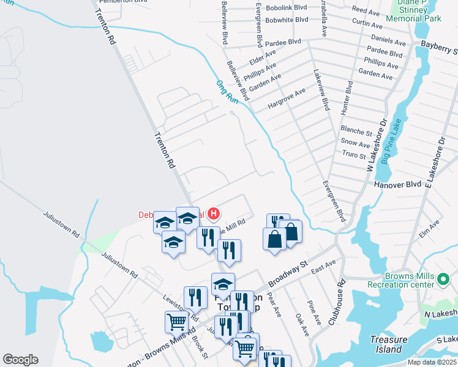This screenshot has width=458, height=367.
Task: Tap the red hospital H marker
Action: coord(214,214)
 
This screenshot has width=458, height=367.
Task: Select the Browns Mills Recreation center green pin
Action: coord(444,280)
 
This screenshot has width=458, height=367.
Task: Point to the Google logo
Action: coord(20,359)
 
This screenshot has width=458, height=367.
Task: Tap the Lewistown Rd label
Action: coord(181,307)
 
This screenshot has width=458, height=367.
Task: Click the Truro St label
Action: coord(354,155)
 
